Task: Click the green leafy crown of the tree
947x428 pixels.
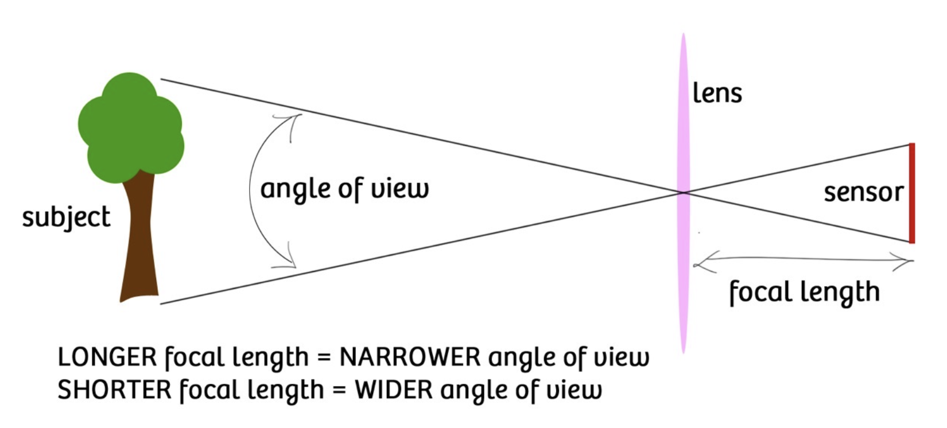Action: pos(131,126)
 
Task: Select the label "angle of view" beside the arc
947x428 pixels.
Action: pos(344,189)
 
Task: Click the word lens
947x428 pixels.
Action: pos(717,94)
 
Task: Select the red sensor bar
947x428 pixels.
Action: pos(911,193)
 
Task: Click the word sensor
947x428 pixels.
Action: pos(863,193)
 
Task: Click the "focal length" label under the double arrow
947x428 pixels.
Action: pos(804,293)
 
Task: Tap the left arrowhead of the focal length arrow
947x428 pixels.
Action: pos(697,263)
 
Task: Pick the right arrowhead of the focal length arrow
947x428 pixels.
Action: pos(909,262)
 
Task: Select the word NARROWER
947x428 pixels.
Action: pos(410,357)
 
